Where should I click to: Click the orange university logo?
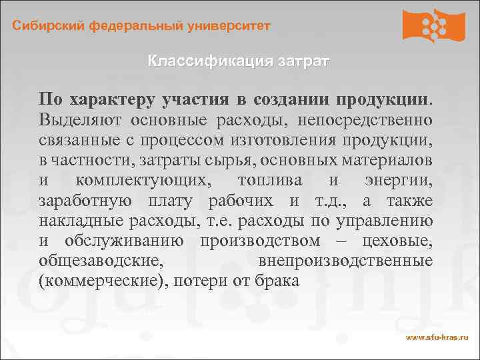pos(433,26)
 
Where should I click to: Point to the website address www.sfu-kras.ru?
pos(437,339)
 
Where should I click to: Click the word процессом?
pos(179,142)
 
